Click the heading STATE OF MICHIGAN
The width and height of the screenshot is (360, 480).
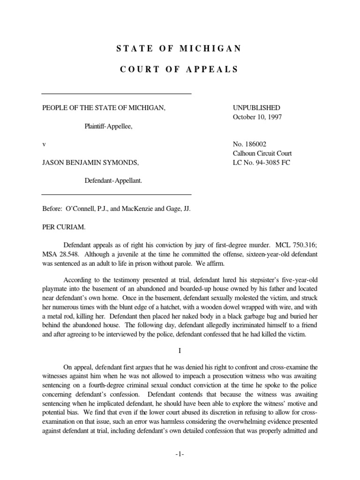(x=178, y=48)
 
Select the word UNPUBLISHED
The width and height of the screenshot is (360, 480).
(x=256, y=108)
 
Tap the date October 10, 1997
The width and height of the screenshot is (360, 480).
(x=258, y=117)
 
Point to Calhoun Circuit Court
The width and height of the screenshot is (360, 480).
(x=262, y=153)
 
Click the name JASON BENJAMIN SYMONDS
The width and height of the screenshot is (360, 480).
(x=90, y=162)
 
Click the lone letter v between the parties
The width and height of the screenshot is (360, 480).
(x=44, y=144)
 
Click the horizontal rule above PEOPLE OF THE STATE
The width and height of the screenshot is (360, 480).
(x=117, y=94)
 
